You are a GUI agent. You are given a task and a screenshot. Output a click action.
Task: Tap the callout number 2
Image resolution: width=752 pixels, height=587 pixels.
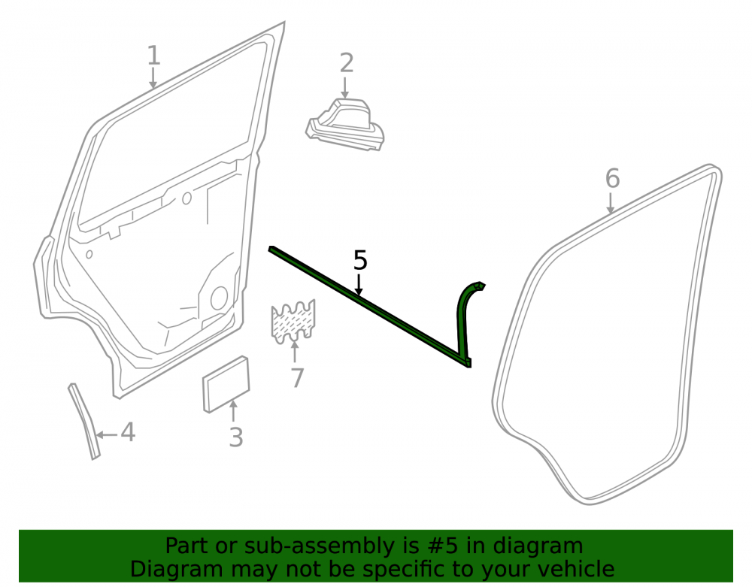click(346, 63)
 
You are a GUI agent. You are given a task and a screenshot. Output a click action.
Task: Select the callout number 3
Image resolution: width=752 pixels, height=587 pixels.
click(235, 437)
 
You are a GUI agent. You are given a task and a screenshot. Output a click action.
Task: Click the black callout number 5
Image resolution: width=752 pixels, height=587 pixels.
click(360, 260)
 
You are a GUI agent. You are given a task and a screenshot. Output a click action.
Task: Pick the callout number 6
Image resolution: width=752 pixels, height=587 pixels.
click(612, 178)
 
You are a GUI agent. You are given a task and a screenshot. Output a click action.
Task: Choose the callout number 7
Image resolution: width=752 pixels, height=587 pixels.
click(297, 378)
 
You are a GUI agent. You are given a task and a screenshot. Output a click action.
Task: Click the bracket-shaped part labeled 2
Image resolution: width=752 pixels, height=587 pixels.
click(345, 125)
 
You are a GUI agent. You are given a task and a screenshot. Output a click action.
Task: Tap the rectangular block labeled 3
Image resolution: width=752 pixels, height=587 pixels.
click(226, 384)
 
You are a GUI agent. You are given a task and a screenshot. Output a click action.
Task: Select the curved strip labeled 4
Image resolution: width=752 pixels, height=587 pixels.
click(84, 422)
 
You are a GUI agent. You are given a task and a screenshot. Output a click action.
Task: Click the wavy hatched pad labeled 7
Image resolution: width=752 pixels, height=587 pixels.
click(293, 322)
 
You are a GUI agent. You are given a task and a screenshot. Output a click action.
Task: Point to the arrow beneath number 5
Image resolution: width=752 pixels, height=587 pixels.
click(359, 283)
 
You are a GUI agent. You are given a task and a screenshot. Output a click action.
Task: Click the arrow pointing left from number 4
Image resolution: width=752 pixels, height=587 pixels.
click(107, 435)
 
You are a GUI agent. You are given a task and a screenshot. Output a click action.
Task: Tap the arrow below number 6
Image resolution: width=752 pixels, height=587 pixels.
click(610, 203)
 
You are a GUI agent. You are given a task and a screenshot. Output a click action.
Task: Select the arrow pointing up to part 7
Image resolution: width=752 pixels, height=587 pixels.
click(295, 351)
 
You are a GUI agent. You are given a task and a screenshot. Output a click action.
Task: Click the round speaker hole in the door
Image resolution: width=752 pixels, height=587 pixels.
click(219, 298)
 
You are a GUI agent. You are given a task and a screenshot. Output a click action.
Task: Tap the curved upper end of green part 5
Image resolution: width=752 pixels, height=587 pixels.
click(472, 288)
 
